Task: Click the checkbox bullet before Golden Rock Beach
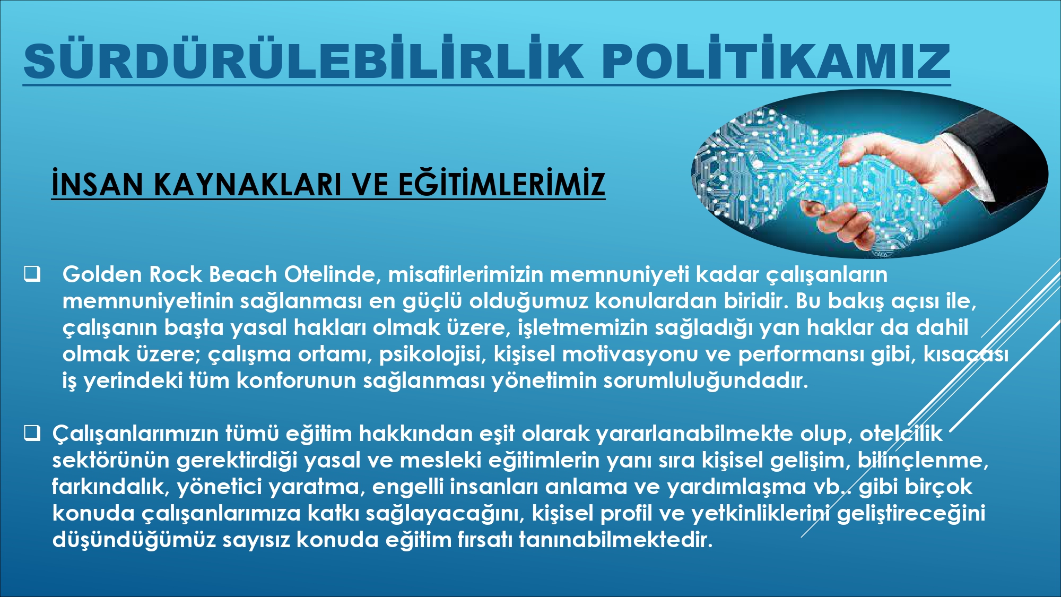coord(32,274)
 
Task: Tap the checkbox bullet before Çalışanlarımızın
coord(32,434)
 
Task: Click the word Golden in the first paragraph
coord(102,274)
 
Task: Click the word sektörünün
coord(111,460)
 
